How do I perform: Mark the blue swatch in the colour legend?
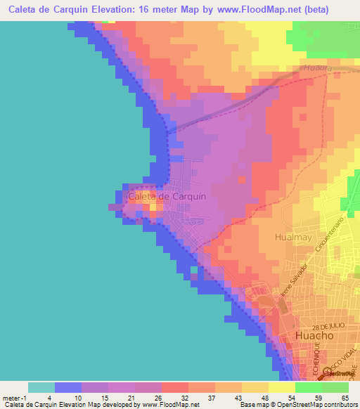(68, 387)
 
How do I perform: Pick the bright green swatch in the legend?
(309, 387)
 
